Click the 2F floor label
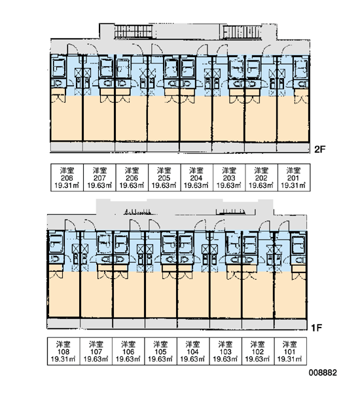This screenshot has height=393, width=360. [x=319, y=149]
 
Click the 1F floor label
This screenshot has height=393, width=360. [x=316, y=327]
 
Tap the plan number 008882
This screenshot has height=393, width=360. [x=323, y=373]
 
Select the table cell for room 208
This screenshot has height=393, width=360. [x=67, y=178]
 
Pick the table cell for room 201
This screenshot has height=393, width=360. [x=294, y=178]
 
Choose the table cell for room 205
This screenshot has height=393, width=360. [x=164, y=178]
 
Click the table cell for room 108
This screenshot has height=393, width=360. [x=63, y=351]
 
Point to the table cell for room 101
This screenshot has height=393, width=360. [x=291, y=351]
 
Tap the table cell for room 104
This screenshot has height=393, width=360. [x=193, y=351]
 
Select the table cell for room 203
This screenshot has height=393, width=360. [x=229, y=178]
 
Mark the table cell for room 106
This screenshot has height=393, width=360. [x=128, y=351]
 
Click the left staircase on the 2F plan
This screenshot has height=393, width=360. [x=134, y=31]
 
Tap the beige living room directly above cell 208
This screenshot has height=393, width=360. [x=66, y=119]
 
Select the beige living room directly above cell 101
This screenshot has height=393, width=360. [x=291, y=295]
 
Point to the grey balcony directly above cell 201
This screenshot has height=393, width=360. [x=293, y=147]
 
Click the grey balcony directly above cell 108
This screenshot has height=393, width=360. [x=63, y=324]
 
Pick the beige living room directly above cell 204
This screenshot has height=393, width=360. [x=196, y=119]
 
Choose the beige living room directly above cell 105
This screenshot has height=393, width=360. [x=161, y=295]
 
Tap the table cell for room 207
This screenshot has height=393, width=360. [x=99, y=178]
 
